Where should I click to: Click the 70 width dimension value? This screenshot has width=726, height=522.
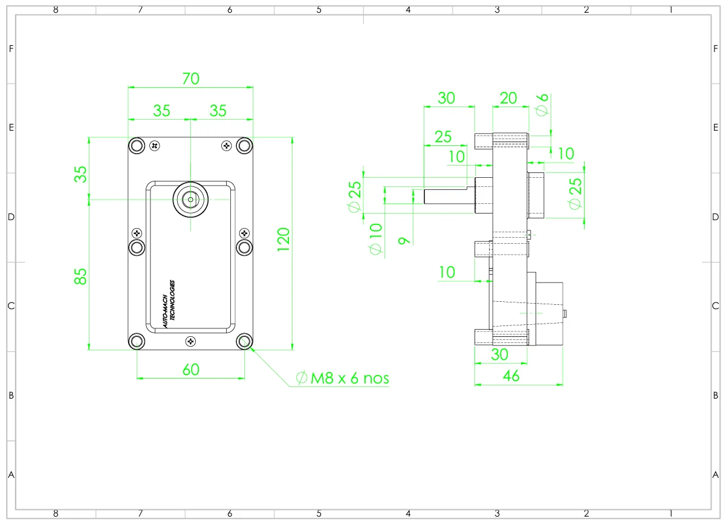[x=190, y=79]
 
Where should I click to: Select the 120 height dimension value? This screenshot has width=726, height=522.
[x=284, y=240]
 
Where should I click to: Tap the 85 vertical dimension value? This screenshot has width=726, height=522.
[x=80, y=276]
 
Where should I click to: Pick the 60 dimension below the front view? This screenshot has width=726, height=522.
[x=190, y=370]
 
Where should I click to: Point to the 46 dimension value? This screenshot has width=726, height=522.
[x=511, y=376]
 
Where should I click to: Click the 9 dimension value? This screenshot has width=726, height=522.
[x=404, y=241]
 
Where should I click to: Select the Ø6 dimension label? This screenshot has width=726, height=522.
[x=542, y=105]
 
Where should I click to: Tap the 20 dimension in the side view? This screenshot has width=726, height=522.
[x=508, y=98]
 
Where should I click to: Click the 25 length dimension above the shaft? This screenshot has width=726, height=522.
[x=443, y=137]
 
